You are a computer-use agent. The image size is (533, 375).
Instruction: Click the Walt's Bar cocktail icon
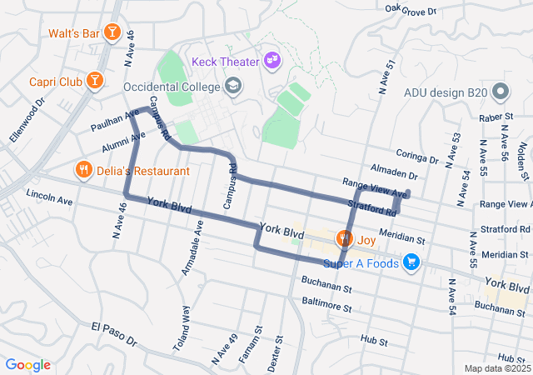pos(112,34)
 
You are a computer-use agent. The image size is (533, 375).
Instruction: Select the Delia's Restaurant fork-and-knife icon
pos(83,171)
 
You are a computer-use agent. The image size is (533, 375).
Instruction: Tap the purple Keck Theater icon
pos(271,60)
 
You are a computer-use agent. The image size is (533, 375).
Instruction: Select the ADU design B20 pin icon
pos(501,91)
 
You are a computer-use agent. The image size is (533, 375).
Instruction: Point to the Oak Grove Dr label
pos(411,11)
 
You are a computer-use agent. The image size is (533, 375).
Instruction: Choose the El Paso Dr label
pos(114,333)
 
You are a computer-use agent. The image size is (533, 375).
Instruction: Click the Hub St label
pos(370,341)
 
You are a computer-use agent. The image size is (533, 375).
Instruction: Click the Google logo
pos(27,365)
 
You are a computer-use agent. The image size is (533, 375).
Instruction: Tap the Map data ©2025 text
pos(496,368)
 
